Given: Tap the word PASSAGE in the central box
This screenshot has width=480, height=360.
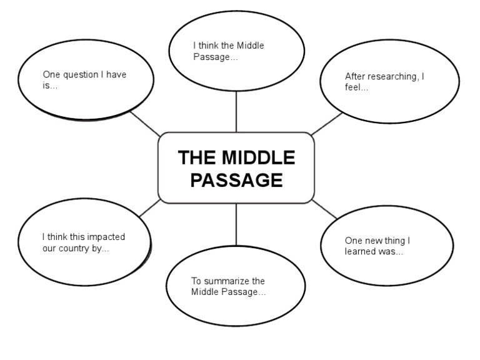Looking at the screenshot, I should [x=236, y=181].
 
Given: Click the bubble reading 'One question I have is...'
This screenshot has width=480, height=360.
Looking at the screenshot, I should [x=86, y=81].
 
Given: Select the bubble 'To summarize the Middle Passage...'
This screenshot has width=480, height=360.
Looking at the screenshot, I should [x=236, y=287].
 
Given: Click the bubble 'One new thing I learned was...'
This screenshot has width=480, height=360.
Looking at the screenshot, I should [x=386, y=246].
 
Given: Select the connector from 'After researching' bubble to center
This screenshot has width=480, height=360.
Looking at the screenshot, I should [x=326, y=124].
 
